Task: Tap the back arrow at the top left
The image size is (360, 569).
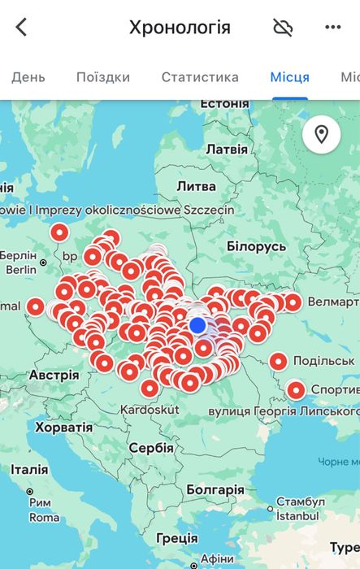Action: point(22,28)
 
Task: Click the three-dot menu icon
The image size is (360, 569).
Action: point(332,28)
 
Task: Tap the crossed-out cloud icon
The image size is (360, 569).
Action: point(283,28)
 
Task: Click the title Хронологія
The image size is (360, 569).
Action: point(180,28)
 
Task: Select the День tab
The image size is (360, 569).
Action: point(28,78)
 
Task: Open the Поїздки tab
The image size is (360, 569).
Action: point(103,78)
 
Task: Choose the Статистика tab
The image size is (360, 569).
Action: point(200,78)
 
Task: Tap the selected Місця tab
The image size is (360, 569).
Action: point(289,78)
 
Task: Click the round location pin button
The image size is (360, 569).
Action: point(321,134)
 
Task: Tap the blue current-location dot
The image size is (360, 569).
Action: point(197,325)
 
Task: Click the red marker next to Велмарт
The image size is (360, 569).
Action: point(293,302)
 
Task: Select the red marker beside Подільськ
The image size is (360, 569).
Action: point(279,361)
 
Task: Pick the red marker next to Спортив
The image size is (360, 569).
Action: point(296,390)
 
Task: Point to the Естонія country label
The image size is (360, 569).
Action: point(223,104)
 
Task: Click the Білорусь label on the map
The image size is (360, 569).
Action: point(256,246)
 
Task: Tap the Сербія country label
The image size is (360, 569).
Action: point(151,448)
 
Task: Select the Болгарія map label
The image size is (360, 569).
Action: point(215,489)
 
